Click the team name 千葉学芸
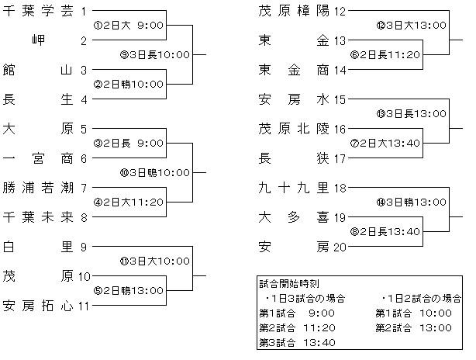coord(38,11)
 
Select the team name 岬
coord(38,40)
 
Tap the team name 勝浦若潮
coord(38,188)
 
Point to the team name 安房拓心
coord(38,306)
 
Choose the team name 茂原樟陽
coord(294,11)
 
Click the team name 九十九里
coord(294,188)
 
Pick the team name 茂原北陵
coord(294,129)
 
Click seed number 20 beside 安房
coord(340,247)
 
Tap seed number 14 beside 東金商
coord(340,71)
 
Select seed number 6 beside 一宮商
coord(84,159)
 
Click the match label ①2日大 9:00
coord(129,25)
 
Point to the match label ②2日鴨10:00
coord(129,84)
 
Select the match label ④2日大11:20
coord(129,202)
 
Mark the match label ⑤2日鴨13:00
coord(129,291)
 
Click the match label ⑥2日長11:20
coord(385,54)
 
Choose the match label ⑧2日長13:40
coord(385,232)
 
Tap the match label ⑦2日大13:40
coord(385,143)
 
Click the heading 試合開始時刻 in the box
coord(289,284)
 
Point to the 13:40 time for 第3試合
coord(319,343)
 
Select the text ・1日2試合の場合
coord(422,299)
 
